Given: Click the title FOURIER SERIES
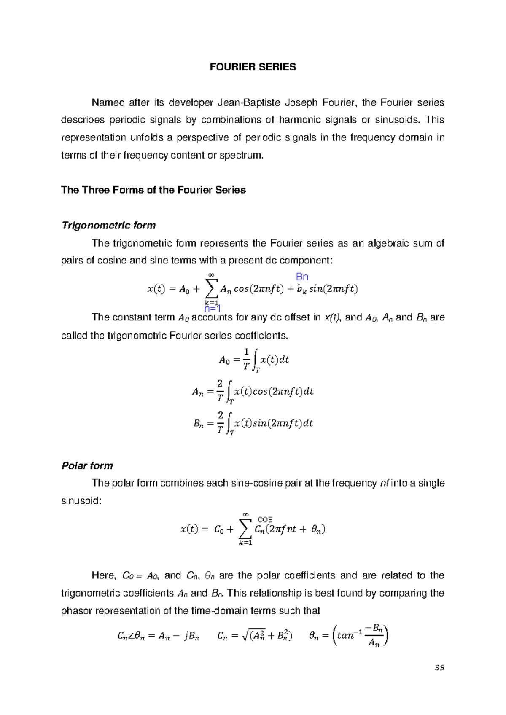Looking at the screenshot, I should (253, 67).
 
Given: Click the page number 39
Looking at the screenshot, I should (439, 667).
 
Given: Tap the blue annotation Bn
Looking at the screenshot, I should (302, 277).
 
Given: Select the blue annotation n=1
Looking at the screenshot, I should (213, 309).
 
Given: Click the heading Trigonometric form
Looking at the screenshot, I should (108, 226).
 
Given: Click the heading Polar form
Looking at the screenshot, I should (87, 466).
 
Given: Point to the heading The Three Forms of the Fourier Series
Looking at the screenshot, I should (153, 190).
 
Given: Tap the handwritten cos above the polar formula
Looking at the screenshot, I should (265, 520).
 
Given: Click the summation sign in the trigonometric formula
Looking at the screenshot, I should (211, 288).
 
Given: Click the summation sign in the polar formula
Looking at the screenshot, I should (245, 529).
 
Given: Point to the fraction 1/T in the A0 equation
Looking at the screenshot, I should (247, 359).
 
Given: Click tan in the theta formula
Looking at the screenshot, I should (345, 636).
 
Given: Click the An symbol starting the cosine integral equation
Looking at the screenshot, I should (197, 392).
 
